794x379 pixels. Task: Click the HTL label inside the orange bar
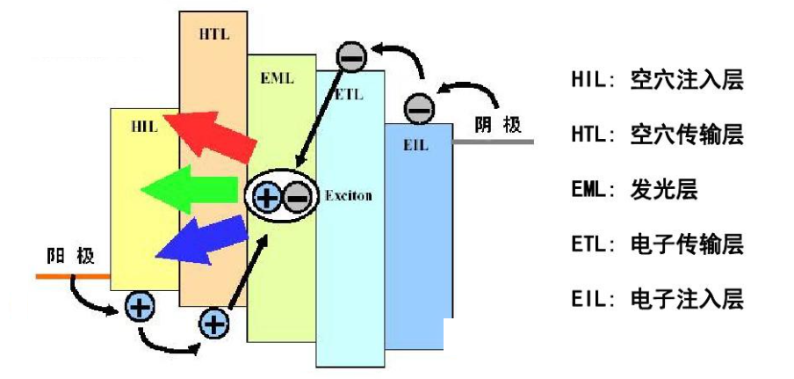tap(213, 33)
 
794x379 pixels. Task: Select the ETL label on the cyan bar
tap(348, 95)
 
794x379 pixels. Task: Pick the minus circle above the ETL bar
tap(350, 57)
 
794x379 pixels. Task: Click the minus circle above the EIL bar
tap(419, 109)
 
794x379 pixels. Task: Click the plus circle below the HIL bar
tap(139, 306)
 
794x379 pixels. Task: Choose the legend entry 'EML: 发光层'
tap(634, 189)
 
